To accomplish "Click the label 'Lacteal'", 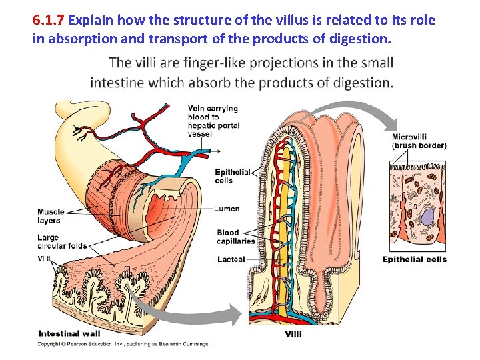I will (x=231, y=259).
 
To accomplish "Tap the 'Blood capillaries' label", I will (x=235, y=237).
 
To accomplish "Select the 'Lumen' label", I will (x=227, y=209).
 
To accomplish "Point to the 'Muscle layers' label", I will (x=50, y=216).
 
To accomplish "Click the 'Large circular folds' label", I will (x=62, y=241).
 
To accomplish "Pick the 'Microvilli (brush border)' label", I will (x=419, y=141).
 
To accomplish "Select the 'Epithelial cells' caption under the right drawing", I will (x=414, y=259).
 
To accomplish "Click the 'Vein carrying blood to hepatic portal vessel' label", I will (x=213, y=121).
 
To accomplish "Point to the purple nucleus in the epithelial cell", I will (x=427, y=219).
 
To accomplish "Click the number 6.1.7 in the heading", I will (x=52, y=20).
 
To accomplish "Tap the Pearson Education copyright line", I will (x=123, y=344).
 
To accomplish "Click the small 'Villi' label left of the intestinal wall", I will (x=44, y=259).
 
